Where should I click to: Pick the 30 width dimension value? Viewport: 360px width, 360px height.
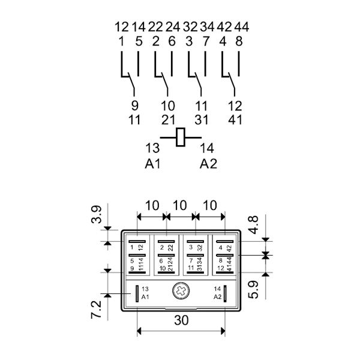[x=181, y=320]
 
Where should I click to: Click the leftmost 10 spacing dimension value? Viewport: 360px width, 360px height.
[x=152, y=205]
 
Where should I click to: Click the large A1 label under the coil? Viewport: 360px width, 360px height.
[x=153, y=164]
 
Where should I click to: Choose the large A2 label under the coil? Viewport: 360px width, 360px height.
[x=208, y=164]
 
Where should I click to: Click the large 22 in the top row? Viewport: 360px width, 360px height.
[x=155, y=26]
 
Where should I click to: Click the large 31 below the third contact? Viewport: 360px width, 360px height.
[x=202, y=118]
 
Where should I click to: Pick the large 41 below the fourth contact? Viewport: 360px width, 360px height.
[x=235, y=118]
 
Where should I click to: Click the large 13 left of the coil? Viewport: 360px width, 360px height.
[x=153, y=148]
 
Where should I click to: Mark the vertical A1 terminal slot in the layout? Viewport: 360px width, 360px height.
[x=137, y=293]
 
